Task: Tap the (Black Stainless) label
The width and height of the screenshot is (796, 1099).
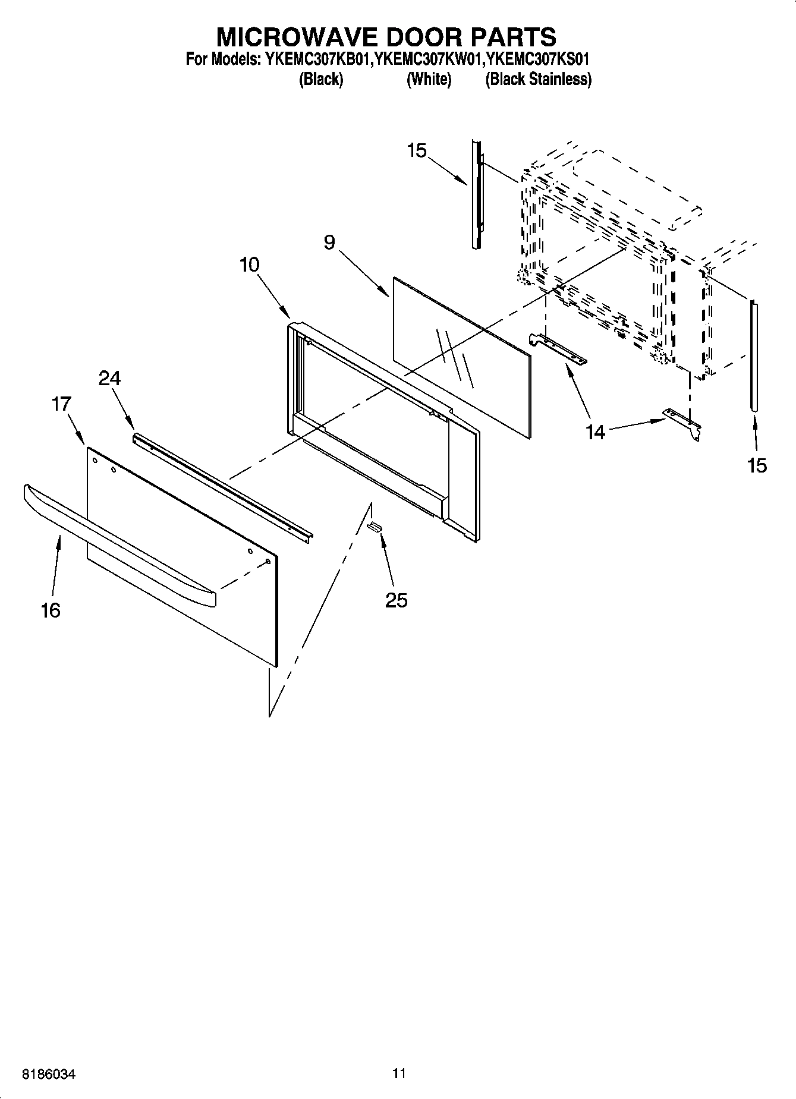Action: click(x=538, y=79)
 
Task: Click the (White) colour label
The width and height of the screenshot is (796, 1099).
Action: click(x=429, y=79)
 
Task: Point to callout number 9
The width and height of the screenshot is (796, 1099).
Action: click(x=329, y=243)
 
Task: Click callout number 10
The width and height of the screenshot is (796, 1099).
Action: click(x=250, y=264)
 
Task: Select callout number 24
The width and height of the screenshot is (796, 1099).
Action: click(x=110, y=378)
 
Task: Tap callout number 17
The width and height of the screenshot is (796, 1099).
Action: click(x=61, y=404)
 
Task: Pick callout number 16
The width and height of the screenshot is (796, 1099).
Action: click(x=51, y=610)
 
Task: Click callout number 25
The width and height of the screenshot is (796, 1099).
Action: click(x=397, y=600)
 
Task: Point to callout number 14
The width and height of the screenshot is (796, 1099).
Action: click(x=596, y=432)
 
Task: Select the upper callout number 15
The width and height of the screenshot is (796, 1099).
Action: click(x=417, y=151)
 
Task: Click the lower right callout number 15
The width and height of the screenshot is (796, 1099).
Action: click(x=757, y=465)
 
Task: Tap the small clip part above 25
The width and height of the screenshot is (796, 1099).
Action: click(x=374, y=525)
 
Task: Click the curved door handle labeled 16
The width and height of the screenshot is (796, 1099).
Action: click(x=119, y=547)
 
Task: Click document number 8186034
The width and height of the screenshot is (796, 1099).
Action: click(x=49, y=1075)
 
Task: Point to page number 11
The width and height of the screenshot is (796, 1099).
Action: click(x=399, y=1073)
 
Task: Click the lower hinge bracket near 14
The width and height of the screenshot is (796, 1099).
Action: click(x=684, y=423)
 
